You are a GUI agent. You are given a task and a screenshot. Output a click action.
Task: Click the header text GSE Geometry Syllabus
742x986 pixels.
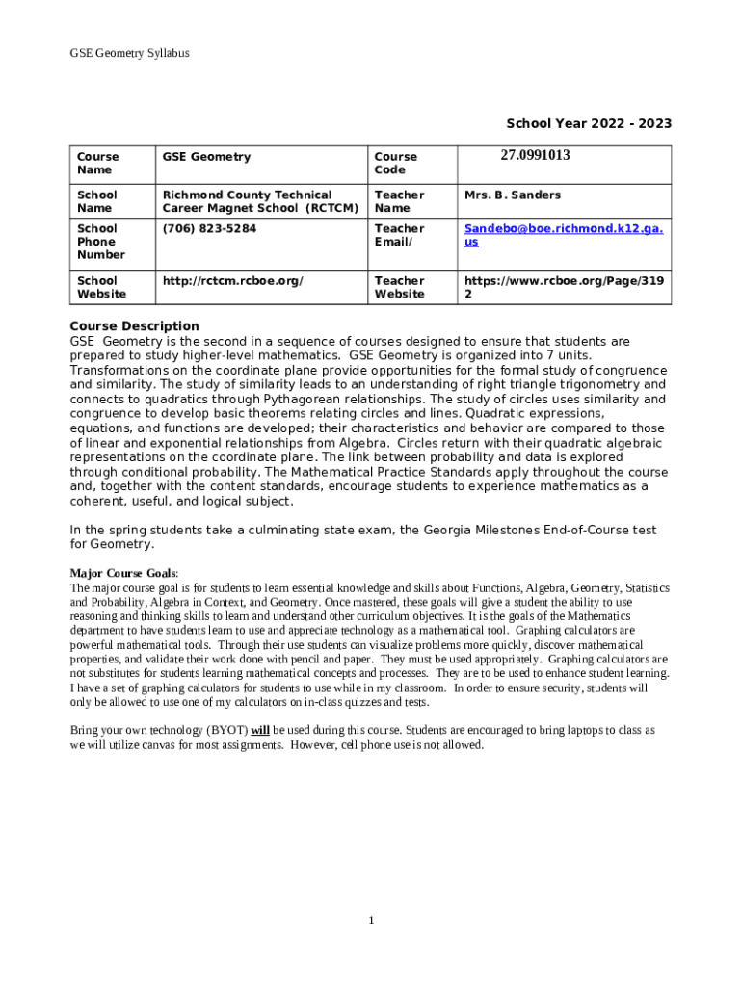[x=129, y=53]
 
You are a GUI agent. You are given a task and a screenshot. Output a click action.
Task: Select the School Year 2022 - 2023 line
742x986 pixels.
[x=589, y=123]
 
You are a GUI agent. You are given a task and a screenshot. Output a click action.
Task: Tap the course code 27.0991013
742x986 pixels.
[x=535, y=155]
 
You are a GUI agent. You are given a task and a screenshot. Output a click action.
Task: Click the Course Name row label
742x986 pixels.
[x=97, y=163]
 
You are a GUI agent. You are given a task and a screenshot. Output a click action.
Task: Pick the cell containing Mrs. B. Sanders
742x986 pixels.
[x=512, y=195]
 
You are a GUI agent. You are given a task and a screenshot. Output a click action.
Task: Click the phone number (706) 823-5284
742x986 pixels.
[x=209, y=228]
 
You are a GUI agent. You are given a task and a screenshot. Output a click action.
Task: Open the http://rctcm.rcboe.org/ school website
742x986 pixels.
[x=232, y=280]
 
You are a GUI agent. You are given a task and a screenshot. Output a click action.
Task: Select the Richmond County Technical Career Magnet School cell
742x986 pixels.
[x=259, y=201]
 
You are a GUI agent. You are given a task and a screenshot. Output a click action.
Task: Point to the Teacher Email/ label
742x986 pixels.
[x=399, y=235]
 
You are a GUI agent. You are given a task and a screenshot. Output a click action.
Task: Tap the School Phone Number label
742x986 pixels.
[x=100, y=242]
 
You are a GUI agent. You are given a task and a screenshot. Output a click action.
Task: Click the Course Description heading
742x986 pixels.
[x=134, y=325]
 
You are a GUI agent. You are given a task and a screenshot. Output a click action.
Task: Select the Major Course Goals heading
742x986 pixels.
[x=123, y=573]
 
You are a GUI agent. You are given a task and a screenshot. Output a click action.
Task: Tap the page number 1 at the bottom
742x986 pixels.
[x=371, y=921]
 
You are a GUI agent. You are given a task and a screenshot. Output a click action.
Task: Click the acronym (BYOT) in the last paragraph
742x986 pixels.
[x=227, y=730]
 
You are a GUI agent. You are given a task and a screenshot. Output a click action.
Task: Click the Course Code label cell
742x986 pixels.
[x=395, y=163]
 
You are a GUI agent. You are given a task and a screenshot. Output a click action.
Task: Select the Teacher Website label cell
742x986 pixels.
[x=399, y=287]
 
